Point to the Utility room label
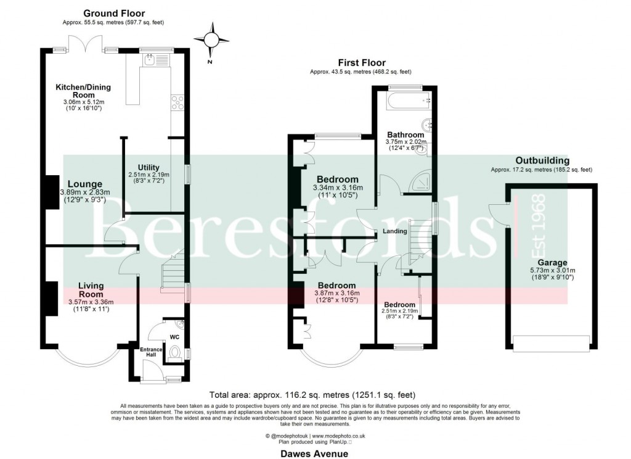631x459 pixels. point(149,167)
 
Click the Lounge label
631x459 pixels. point(84,183)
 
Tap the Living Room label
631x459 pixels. point(91,290)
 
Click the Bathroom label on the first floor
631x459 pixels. point(405,134)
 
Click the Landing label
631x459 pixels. point(395,231)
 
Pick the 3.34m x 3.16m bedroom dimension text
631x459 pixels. point(338,188)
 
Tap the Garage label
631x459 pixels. point(552,262)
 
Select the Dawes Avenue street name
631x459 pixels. point(315,453)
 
